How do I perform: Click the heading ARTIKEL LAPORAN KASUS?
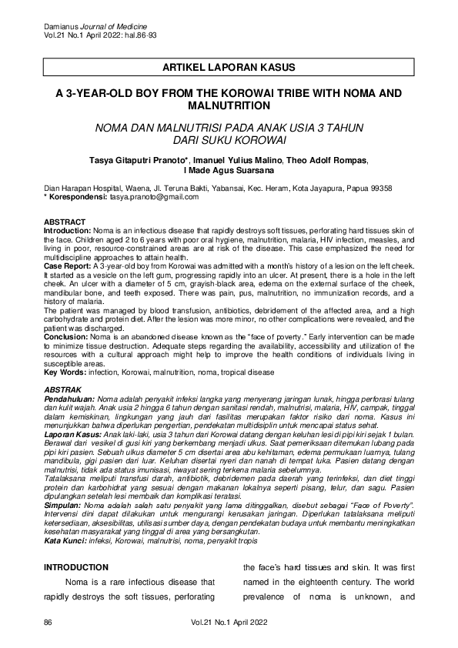coord(229,68)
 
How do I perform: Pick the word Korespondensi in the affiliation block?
coord(77,197)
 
